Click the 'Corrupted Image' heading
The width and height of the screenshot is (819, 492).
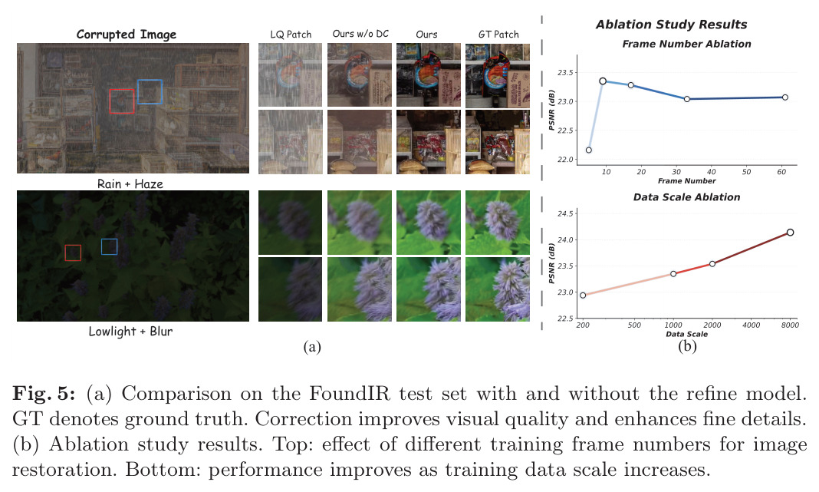click(127, 35)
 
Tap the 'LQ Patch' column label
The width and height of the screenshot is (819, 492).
click(291, 35)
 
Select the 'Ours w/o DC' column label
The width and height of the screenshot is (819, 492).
click(360, 34)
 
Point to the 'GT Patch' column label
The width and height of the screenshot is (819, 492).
click(498, 35)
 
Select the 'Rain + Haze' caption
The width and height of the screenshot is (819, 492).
click(130, 184)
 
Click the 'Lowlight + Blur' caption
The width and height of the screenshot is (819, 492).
click(130, 332)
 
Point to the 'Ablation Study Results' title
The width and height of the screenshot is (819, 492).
click(671, 25)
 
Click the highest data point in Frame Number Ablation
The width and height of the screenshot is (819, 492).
click(603, 81)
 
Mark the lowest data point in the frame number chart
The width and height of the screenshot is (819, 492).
click(589, 150)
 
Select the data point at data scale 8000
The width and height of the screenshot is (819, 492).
click(791, 232)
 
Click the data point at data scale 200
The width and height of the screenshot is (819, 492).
click(583, 296)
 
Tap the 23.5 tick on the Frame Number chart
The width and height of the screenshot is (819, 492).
click(565, 73)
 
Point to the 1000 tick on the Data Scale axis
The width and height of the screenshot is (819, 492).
click(673, 325)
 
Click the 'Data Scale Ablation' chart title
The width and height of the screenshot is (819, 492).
click(686, 197)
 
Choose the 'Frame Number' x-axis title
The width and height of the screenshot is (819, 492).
click(687, 181)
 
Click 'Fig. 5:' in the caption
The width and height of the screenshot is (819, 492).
click(44, 394)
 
